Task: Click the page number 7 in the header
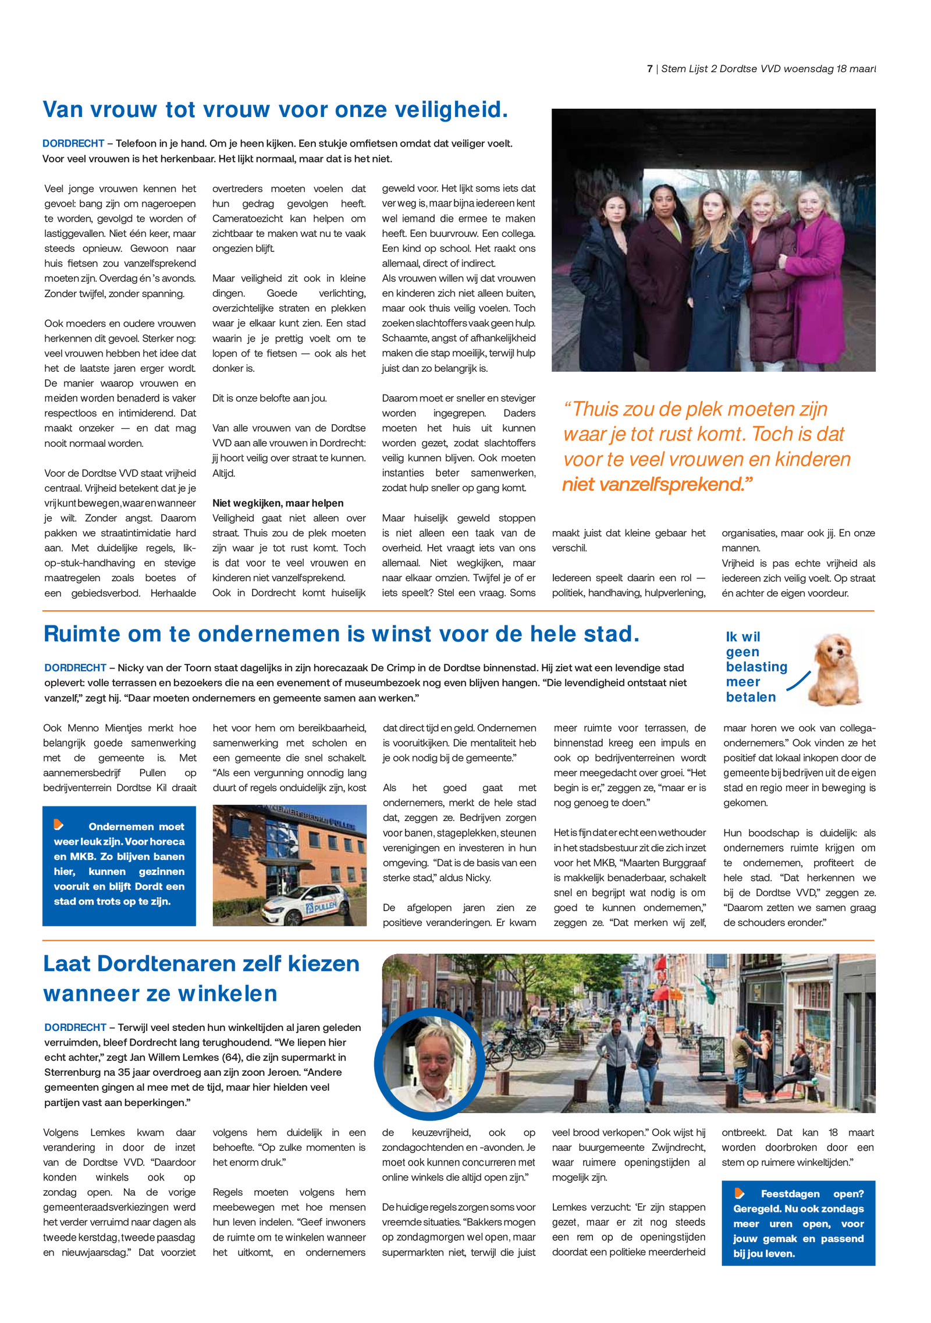click(649, 69)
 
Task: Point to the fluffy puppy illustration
click(836, 669)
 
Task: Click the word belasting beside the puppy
click(756, 667)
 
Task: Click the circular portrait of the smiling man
click(430, 1064)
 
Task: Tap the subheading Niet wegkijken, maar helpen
click(278, 503)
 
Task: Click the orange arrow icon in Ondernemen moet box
click(59, 824)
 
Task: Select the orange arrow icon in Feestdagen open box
click(740, 1194)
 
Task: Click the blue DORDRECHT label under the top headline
click(73, 143)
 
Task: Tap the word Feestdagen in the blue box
click(790, 1194)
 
